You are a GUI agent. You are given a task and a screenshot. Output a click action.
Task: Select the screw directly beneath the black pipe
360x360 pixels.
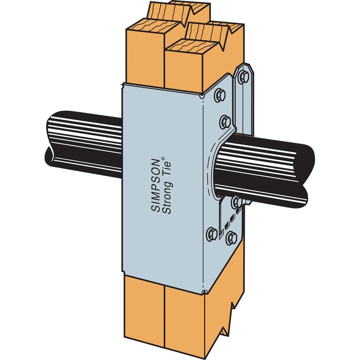pos(235,202)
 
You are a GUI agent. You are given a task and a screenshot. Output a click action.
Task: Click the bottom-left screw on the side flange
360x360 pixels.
pos(212,233)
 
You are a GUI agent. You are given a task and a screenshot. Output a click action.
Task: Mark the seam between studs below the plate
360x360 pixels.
pos(165,315)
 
